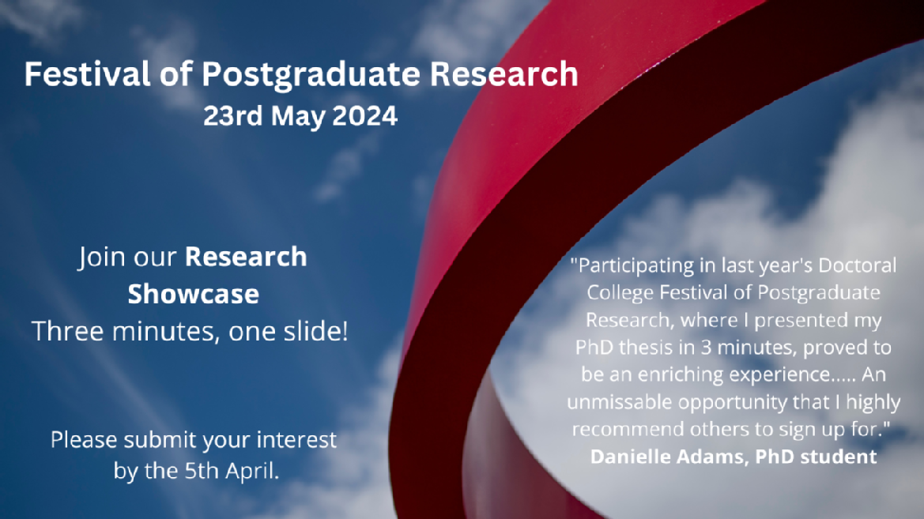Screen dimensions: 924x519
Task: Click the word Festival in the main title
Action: [x=87, y=74]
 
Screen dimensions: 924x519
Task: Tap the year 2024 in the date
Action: [x=364, y=116]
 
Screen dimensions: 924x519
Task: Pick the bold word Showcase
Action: [x=194, y=294]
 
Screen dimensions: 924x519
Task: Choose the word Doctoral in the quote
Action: [x=858, y=265]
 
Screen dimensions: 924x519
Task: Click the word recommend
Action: [x=628, y=429]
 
